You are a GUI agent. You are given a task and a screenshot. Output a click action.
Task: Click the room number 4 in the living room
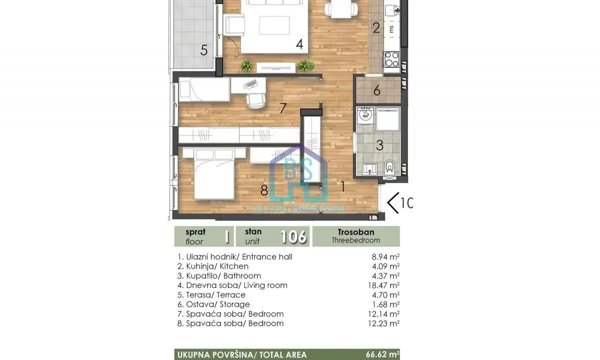299,44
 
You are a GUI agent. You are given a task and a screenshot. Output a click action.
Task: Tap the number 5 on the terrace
203,50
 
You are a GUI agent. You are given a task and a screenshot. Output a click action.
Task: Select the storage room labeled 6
377,90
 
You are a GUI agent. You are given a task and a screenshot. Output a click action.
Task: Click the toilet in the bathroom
390,167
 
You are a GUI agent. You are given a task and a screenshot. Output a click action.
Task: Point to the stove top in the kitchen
391,59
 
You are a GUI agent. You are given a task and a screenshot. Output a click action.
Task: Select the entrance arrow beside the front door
393,203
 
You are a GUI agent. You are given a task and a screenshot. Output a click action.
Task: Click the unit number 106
293,236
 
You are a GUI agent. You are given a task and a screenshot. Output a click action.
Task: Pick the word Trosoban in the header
355,232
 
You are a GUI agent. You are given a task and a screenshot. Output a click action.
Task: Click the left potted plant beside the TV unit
246,65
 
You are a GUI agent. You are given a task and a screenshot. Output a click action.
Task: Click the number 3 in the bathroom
379,145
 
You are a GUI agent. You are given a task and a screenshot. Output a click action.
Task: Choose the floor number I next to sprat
226,236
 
